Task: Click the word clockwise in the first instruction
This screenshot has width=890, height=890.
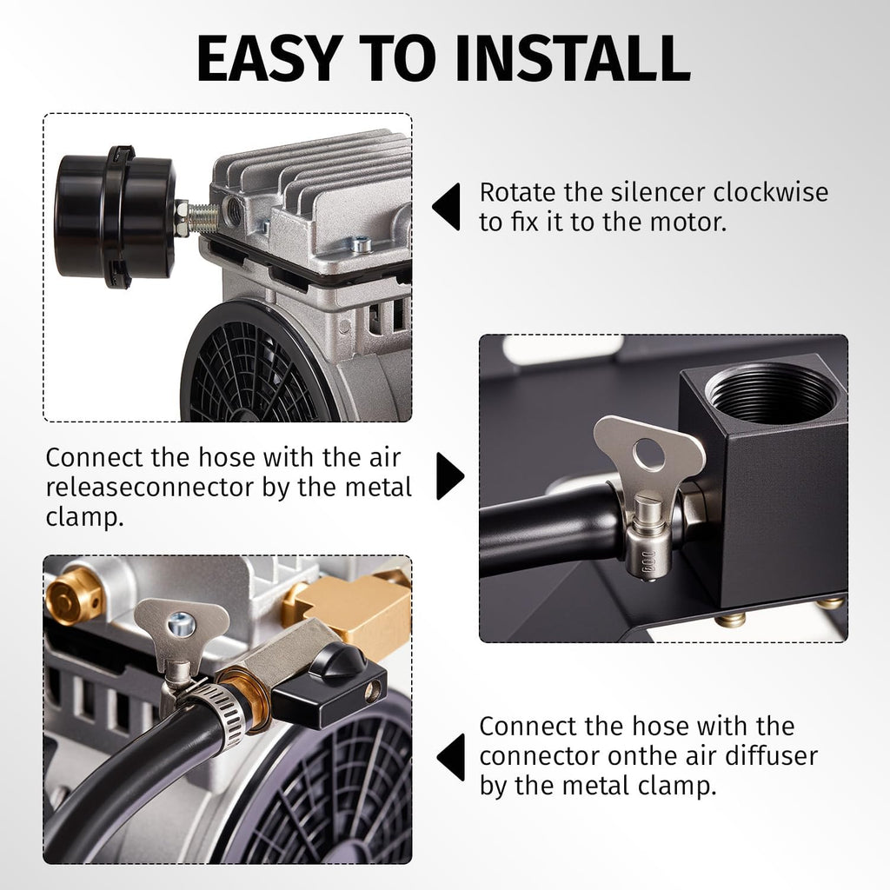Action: tap(770, 192)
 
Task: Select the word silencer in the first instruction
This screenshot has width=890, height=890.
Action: tap(658, 192)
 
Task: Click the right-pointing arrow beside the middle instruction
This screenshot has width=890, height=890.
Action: tap(450, 475)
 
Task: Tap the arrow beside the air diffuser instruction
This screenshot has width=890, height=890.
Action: tap(451, 757)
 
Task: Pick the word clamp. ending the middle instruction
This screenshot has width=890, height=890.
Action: tap(84, 518)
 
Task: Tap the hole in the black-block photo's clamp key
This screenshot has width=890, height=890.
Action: tap(649, 454)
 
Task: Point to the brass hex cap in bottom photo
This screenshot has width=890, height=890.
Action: tap(74, 596)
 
